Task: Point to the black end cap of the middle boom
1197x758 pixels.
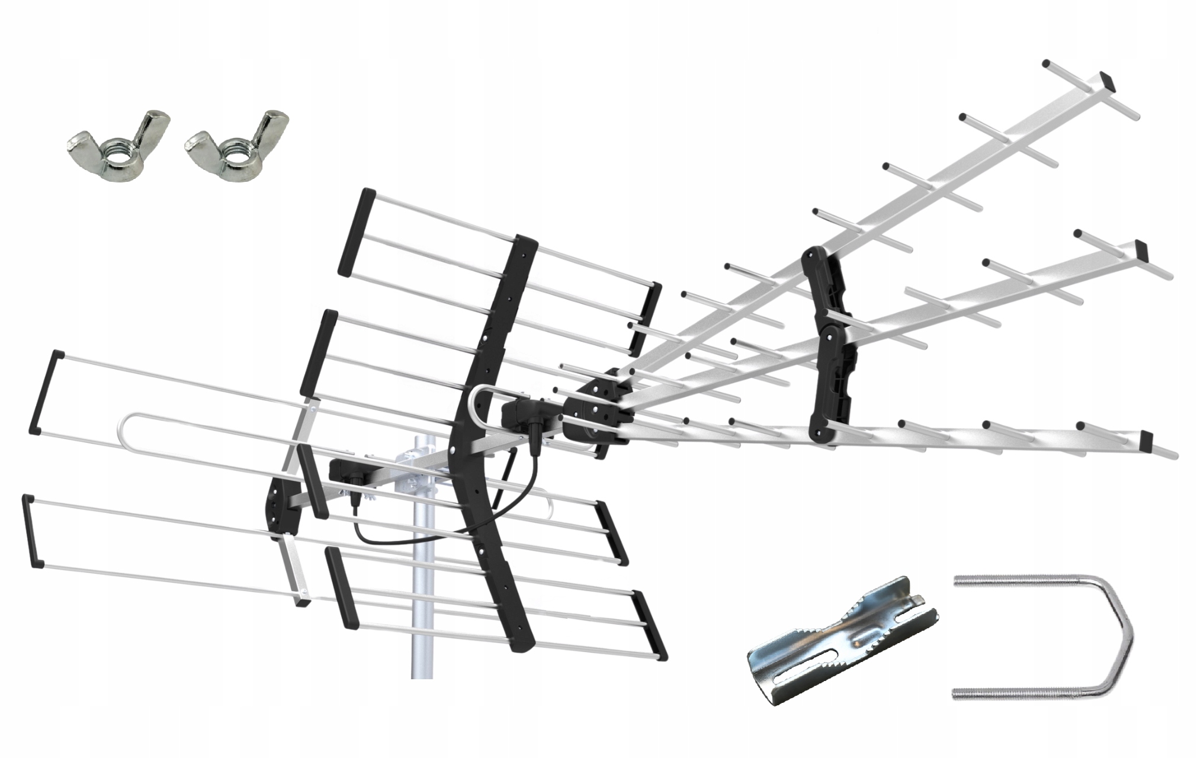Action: [x=1141, y=248]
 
